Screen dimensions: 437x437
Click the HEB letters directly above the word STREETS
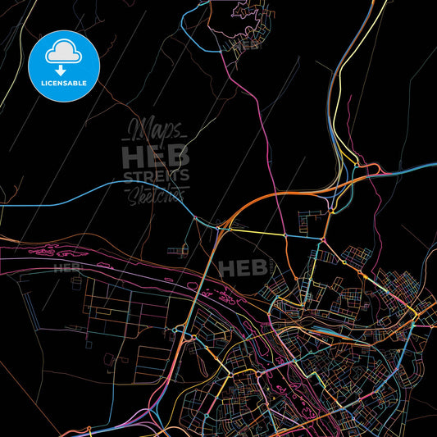tap(156, 156)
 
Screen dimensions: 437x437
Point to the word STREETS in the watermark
tap(156, 175)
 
